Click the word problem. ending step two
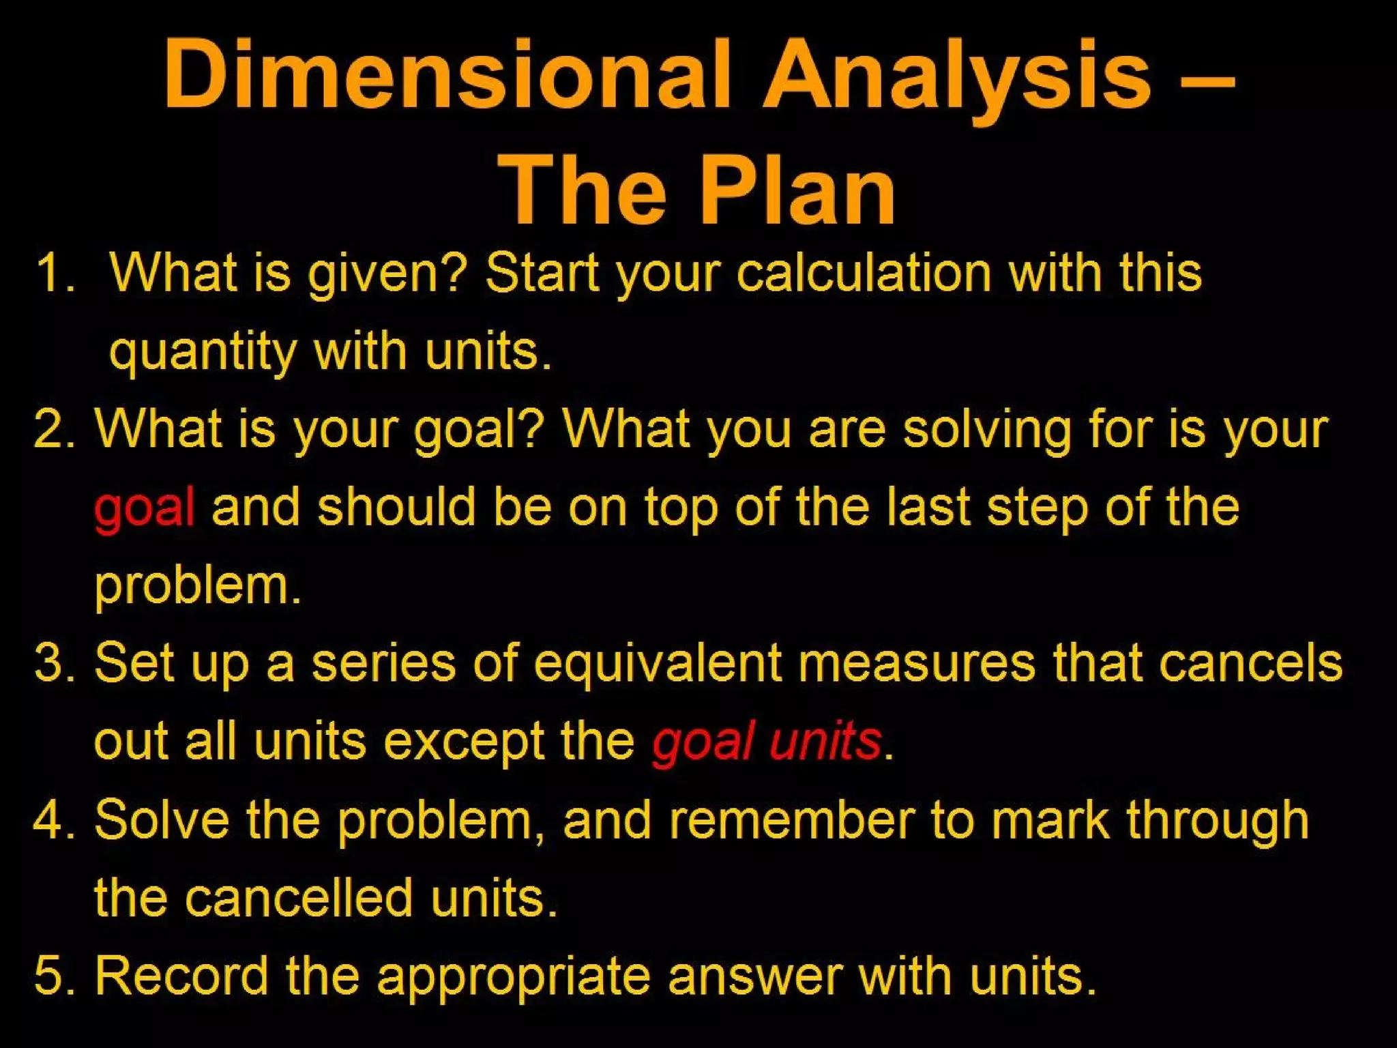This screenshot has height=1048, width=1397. (x=198, y=587)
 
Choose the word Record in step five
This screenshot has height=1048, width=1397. (x=181, y=976)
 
